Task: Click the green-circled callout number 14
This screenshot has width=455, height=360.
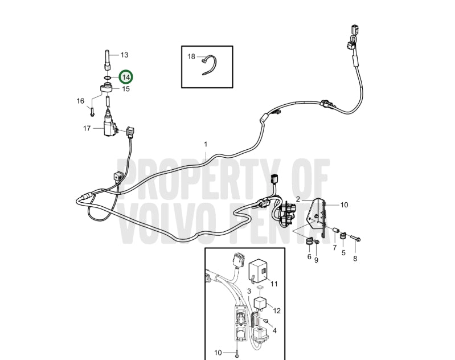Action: pyautogui.click(x=126, y=77)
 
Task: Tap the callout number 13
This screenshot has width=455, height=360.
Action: pyautogui.click(x=124, y=55)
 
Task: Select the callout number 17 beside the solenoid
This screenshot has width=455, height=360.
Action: pyautogui.click(x=87, y=128)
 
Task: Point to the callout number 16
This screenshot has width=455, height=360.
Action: pyautogui.click(x=80, y=101)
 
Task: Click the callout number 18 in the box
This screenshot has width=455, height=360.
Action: pyautogui.click(x=191, y=56)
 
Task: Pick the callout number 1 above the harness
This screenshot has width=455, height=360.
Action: pyautogui.click(x=206, y=144)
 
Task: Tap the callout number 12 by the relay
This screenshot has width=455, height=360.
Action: pyautogui.click(x=277, y=310)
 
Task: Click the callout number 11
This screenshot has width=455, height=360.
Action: pyautogui.click(x=274, y=284)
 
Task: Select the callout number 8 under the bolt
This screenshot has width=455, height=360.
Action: pyautogui.click(x=355, y=259)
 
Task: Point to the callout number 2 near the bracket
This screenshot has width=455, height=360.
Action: pyautogui.click(x=298, y=199)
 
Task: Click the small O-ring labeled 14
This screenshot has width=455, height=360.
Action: pyautogui.click(x=108, y=78)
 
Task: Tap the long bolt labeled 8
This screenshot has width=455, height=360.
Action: pyautogui.click(x=355, y=238)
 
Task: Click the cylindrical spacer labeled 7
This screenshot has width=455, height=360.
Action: pyautogui.click(x=336, y=230)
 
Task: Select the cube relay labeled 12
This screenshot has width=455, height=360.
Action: pyautogui.click(x=260, y=304)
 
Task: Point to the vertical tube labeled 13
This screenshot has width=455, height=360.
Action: pyautogui.click(x=108, y=60)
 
